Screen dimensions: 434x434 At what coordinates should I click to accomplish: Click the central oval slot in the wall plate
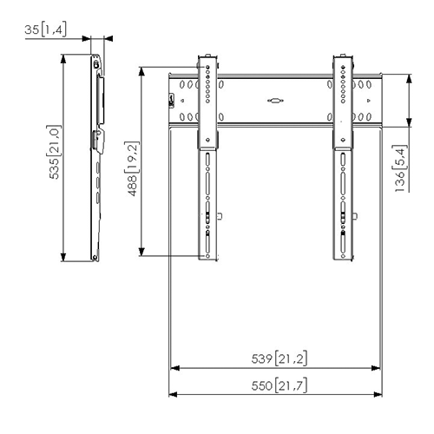pyautogui.click(x=274, y=100)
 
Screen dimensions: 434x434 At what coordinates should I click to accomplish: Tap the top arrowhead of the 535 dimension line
pyautogui.click(x=64, y=58)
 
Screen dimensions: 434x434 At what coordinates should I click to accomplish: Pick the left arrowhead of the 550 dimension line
pyautogui.click(x=172, y=394)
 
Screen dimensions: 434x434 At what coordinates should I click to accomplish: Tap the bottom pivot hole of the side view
pyautogui.click(x=94, y=257)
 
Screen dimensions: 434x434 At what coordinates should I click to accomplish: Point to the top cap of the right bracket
pyautogui.click(x=343, y=58)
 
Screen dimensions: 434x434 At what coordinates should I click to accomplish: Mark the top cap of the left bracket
pyautogui.click(x=208, y=58)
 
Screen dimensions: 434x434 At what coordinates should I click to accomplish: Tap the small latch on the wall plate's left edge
pyautogui.click(x=171, y=102)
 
